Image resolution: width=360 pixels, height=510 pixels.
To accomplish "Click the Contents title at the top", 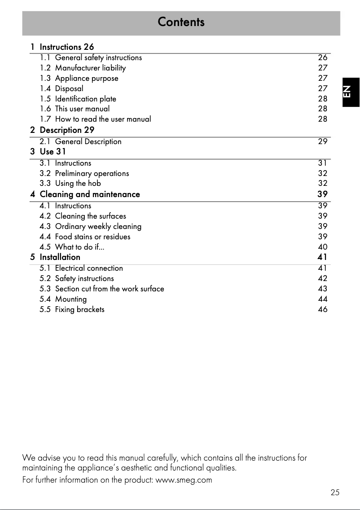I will [181, 22].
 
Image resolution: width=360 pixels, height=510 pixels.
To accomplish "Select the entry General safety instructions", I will [98, 57].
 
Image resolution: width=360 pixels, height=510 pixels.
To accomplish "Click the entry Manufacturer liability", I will [90, 68].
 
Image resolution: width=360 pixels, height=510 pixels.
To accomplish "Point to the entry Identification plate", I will [85, 99].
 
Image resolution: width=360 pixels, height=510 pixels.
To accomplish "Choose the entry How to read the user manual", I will [103, 119].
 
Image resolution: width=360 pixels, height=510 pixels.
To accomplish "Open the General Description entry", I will [88, 141].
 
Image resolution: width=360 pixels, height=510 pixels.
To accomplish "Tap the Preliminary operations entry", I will [92, 173].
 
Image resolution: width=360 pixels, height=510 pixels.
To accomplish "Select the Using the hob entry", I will [78, 183].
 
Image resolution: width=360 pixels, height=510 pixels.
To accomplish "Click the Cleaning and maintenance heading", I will [90, 194].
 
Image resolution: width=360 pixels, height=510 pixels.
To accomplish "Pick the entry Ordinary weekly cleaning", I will [98, 226].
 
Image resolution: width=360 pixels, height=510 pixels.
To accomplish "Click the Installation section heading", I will [60, 257].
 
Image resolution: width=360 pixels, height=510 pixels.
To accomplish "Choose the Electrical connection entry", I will [89, 268].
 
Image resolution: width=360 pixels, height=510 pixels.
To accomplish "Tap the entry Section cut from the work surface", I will [110, 289].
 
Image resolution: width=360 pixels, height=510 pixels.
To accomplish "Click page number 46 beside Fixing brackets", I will [322, 309].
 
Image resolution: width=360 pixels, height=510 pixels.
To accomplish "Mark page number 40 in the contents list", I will [322, 247].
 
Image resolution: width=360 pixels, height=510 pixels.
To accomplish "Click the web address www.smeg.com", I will [183, 480].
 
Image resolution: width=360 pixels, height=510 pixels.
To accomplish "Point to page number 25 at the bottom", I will [335, 492].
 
